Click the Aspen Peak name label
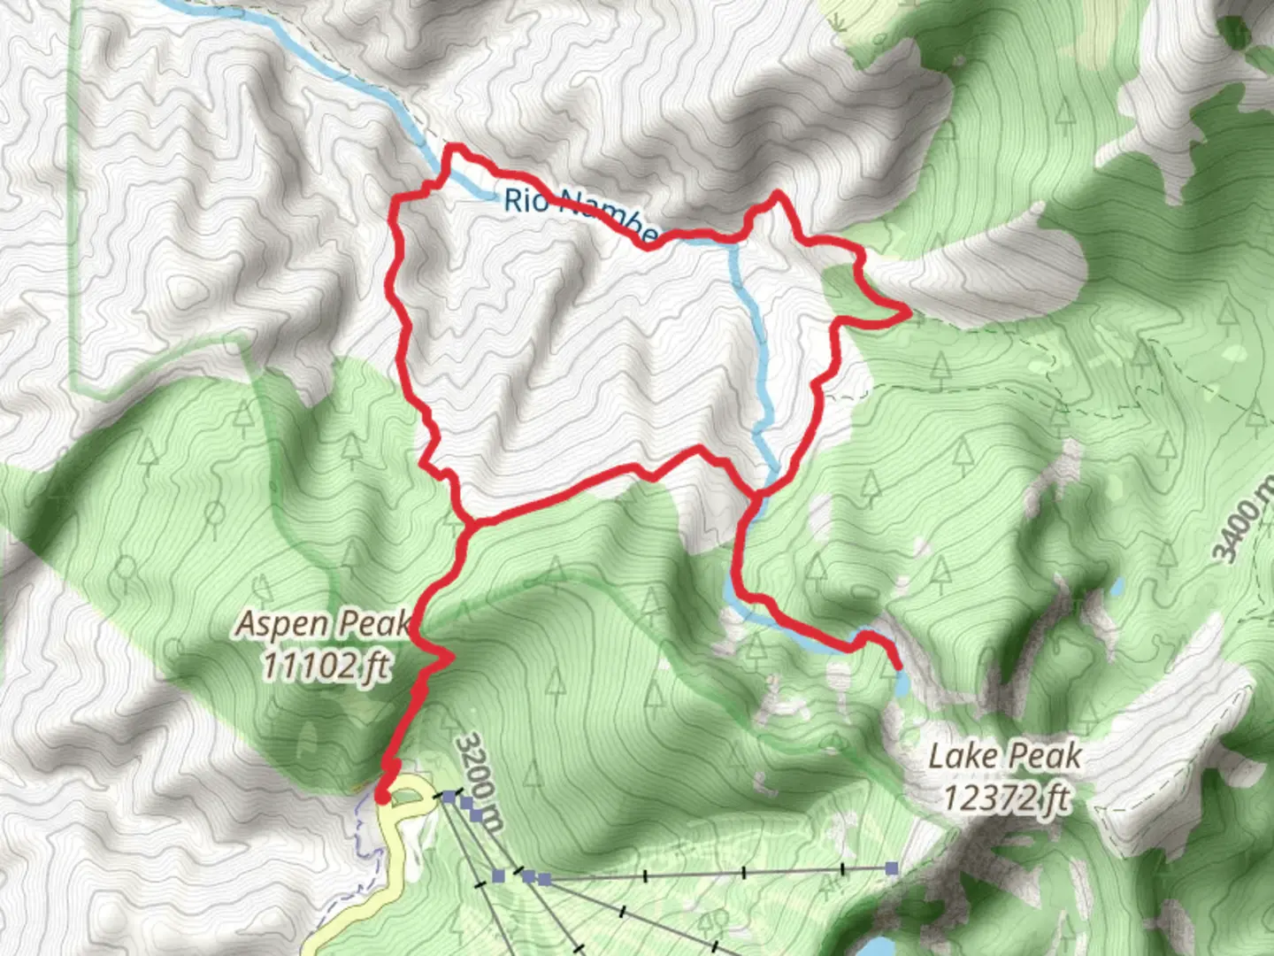pyautogui.click(x=322, y=624)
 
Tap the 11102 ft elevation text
pyautogui.click(x=325, y=665)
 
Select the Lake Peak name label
pyautogui.click(x=1005, y=757)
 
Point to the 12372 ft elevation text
pyautogui.click(x=1005, y=798)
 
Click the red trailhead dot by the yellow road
pyautogui.click(x=382, y=798)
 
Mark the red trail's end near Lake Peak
pyautogui.click(x=898, y=666)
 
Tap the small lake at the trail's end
pyautogui.click(x=902, y=683)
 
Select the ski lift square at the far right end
pyautogui.click(x=892, y=868)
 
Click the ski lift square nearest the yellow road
pyautogui.click(x=449, y=798)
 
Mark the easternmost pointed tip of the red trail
pyautogui.click(x=909, y=312)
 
